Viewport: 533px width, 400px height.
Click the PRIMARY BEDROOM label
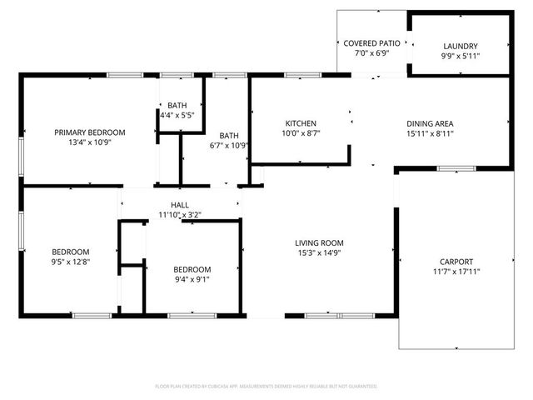tap(89, 132)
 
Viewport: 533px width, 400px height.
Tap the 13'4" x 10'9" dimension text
tap(89, 142)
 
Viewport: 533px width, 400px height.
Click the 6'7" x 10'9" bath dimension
tap(228, 145)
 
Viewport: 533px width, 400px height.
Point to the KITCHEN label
tap(301, 123)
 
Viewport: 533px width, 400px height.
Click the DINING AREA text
tap(430, 123)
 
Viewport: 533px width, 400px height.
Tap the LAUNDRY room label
tap(461, 46)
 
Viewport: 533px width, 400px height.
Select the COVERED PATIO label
tap(372, 42)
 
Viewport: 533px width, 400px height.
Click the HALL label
tap(180, 205)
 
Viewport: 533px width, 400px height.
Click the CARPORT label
tap(456, 260)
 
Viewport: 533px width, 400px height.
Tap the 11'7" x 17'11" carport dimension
tap(456, 271)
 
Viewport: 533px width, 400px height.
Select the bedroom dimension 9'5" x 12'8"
tap(71, 262)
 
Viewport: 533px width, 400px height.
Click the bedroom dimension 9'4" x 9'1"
tap(192, 279)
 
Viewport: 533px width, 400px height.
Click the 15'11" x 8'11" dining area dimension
tap(430, 133)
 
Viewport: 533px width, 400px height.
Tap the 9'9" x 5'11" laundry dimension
tap(461, 56)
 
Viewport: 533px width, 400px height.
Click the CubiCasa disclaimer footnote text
tap(266, 387)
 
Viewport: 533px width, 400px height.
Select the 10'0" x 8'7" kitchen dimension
tap(301, 133)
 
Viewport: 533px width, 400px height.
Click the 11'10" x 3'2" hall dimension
tap(180, 215)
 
